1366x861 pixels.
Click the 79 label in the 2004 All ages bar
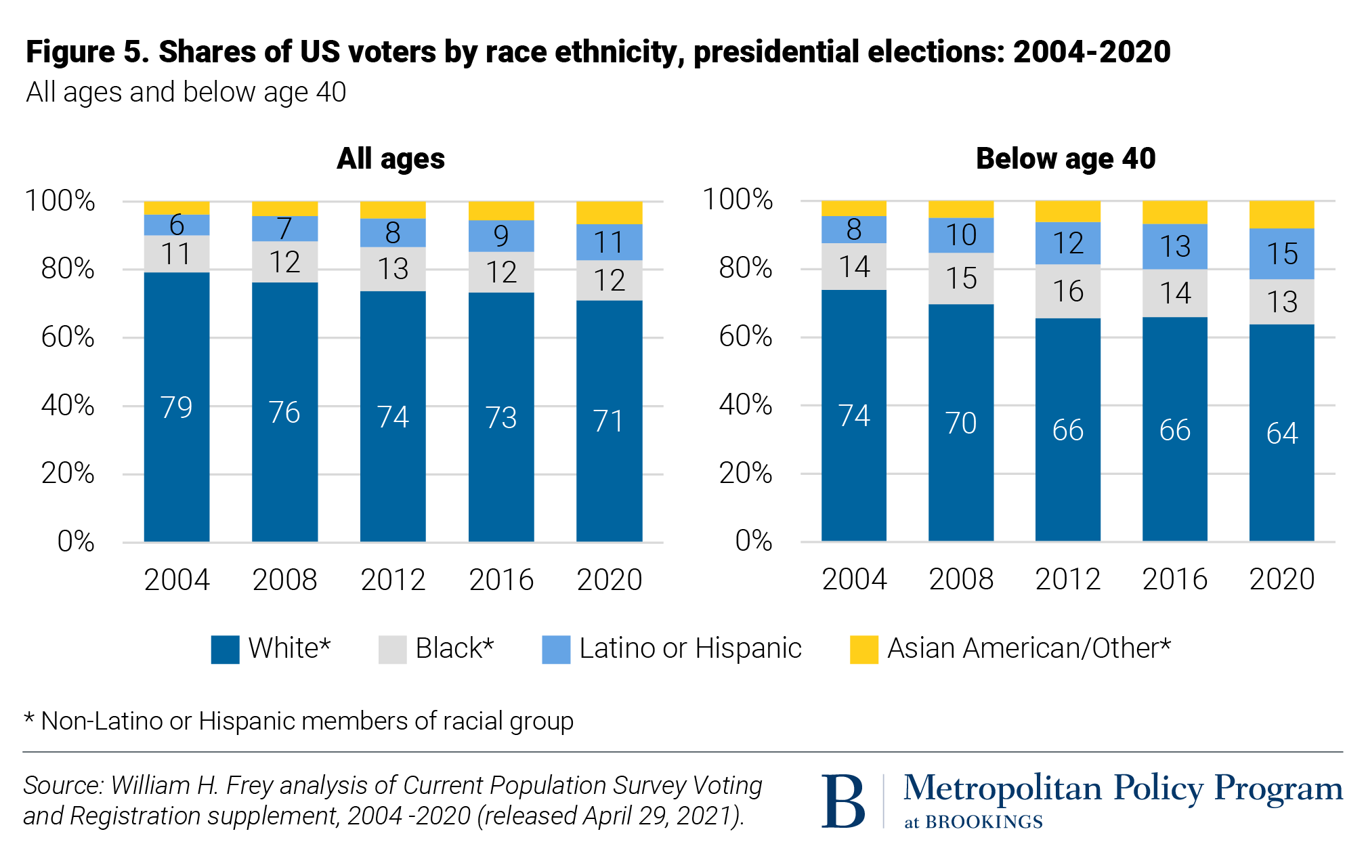[176, 407]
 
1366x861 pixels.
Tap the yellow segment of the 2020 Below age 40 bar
[1281, 214]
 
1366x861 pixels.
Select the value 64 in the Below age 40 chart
[1281, 434]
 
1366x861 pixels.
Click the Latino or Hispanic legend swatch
[556, 649]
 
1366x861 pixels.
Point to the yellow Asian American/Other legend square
[863, 649]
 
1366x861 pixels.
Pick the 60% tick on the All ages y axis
[68, 337]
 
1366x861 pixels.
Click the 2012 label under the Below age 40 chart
[1067, 579]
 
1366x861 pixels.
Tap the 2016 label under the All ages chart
[501, 580]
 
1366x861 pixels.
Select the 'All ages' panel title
[391, 159]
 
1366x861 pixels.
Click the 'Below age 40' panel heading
[1065, 159]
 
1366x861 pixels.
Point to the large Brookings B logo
[843, 801]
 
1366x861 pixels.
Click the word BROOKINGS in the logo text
[983, 822]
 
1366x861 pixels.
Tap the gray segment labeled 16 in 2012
[1067, 291]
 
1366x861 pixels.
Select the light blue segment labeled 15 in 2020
[1281, 254]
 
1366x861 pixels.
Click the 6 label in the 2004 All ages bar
[176, 224]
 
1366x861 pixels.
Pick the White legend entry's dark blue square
[225, 649]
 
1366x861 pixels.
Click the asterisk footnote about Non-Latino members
[299, 721]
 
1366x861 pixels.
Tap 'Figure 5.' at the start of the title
[87, 52]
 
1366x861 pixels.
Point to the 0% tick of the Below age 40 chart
[753, 541]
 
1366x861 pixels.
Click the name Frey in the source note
[247, 785]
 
